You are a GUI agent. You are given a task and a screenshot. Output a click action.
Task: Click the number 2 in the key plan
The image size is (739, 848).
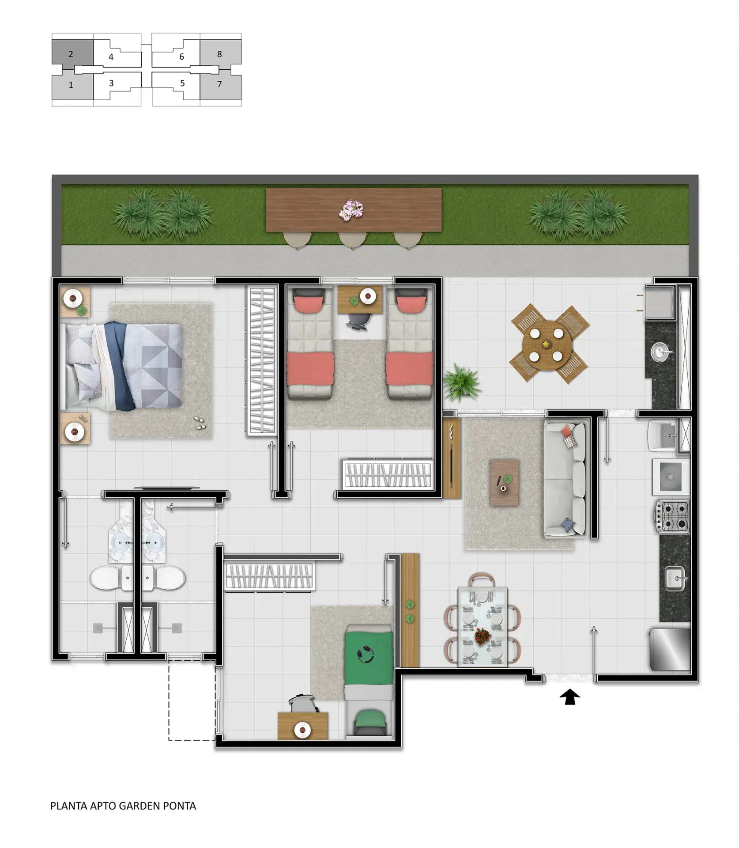[x=71, y=54]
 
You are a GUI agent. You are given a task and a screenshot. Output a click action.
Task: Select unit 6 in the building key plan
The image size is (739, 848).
[x=181, y=57]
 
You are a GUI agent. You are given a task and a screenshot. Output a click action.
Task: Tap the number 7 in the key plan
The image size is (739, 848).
[x=219, y=84]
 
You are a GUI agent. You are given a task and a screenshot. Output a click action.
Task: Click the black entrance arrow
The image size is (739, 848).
[x=569, y=697]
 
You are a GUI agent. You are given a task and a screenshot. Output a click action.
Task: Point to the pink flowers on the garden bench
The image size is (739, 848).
[x=351, y=209]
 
